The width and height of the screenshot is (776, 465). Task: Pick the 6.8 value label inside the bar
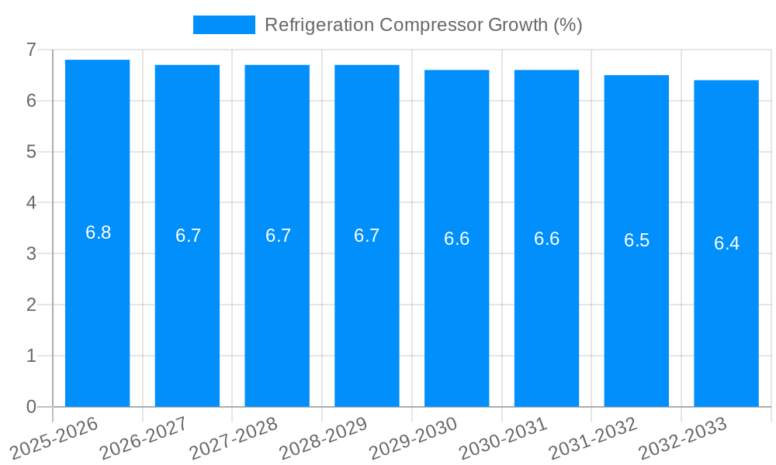pyautogui.click(x=98, y=232)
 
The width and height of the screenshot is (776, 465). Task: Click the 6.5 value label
pyautogui.click(x=636, y=240)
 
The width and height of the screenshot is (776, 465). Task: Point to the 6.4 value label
pyautogui.click(x=726, y=243)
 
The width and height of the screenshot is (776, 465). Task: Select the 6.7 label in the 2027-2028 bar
pyautogui.click(x=278, y=236)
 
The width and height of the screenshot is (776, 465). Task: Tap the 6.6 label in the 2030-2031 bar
pyautogui.click(x=546, y=239)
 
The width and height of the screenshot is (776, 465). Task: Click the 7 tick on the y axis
pyautogui.click(x=31, y=50)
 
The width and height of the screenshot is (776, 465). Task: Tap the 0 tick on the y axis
pyautogui.click(x=31, y=407)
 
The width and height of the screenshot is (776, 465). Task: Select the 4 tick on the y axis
pyautogui.click(x=31, y=202)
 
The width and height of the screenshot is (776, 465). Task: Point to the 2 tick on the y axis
pyautogui.click(x=31, y=305)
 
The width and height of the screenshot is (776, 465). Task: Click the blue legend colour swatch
pyautogui.click(x=223, y=25)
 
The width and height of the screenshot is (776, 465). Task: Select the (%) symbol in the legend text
pyautogui.click(x=568, y=25)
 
